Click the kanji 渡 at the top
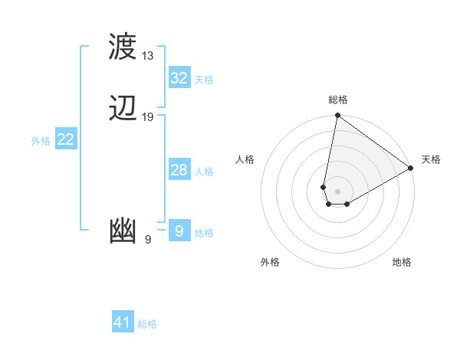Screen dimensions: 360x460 pos(123,47)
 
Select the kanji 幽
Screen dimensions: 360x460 pos(123,231)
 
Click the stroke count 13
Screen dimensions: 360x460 pos(148,56)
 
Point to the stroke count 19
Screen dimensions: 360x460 pos(148,117)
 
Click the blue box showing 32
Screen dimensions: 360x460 pos(179,78)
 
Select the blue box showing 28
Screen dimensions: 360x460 pos(179,170)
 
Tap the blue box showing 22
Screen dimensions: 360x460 pos(66,139)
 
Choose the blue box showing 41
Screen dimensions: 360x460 pos(123,322)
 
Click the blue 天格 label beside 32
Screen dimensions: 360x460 pos(204,80)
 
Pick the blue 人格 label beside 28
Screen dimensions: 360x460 pos(204,172)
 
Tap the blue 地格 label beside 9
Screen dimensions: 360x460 pos(204,233)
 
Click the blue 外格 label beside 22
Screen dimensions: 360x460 pos(41,141)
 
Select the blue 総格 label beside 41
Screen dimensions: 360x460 pos(147,324)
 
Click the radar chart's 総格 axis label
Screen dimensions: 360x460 pos(338,100)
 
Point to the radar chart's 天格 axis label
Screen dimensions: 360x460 pos(431,159)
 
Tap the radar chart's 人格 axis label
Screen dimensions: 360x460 pos(245,159)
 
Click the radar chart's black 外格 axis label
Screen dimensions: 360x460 pos(270,262)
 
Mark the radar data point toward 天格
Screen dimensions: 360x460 pos(411,169)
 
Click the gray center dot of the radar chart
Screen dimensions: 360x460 pos(338,191)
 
